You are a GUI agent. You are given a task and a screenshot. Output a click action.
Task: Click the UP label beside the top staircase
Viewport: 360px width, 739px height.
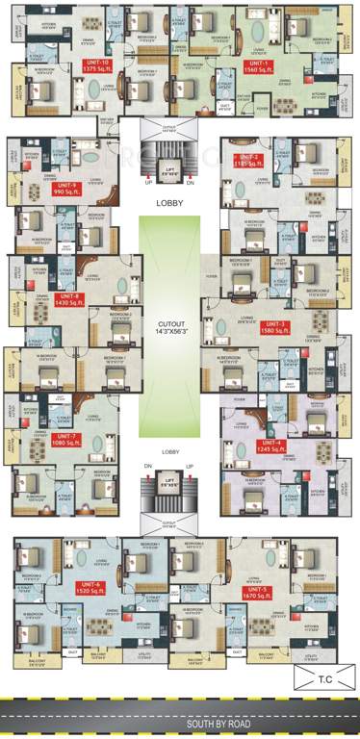pyautogui.click(x=147, y=181)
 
